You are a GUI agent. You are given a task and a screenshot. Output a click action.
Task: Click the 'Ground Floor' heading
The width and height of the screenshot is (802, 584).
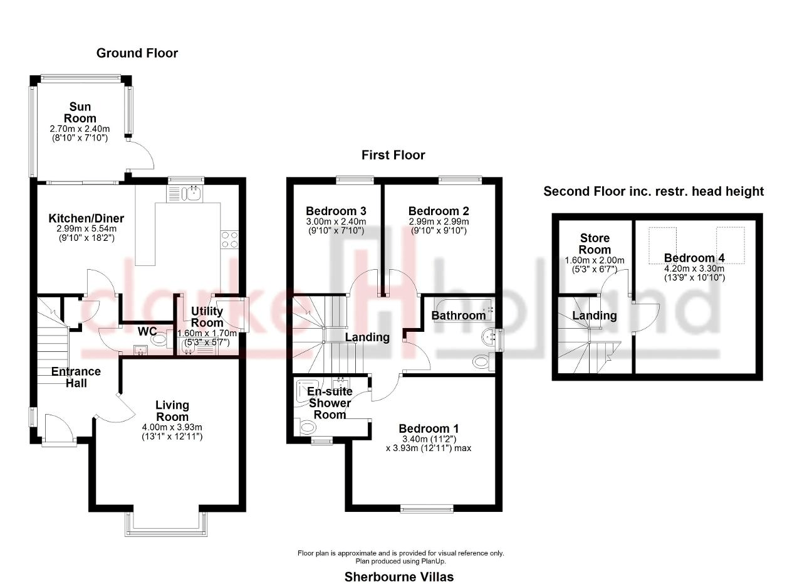pyautogui.click(x=137, y=53)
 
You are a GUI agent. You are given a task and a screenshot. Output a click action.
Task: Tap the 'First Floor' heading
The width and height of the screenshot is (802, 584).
pyautogui.click(x=393, y=155)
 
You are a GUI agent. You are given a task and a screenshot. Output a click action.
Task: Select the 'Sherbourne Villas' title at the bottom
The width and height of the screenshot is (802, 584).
pyautogui.click(x=399, y=576)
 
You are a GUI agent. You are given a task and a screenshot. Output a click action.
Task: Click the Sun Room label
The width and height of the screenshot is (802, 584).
pyautogui.click(x=81, y=113)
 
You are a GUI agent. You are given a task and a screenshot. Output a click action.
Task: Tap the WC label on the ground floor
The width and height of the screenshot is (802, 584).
pyautogui.click(x=147, y=330)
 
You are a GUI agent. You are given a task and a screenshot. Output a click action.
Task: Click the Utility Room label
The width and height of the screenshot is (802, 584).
pyautogui.click(x=207, y=317)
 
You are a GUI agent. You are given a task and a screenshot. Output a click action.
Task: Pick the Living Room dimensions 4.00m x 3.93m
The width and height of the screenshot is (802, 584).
pyautogui.click(x=172, y=428)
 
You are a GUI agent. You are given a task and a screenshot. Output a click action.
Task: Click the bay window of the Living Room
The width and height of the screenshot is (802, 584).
pyautogui.click(x=165, y=524)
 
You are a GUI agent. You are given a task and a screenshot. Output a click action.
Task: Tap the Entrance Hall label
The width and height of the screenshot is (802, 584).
pyautogui.click(x=76, y=377)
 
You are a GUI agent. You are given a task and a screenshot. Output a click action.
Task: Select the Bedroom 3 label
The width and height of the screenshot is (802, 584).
pyautogui.click(x=336, y=211)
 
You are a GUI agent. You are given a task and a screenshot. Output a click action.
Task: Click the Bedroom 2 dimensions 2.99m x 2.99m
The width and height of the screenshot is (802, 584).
pyautogui.click(x=438, y=222)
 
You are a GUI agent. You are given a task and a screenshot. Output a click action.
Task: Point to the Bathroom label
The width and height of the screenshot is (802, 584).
pyautogui.click(x=458, y=315)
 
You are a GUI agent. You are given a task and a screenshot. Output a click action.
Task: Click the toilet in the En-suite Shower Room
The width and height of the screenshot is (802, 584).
pyautogui.click(x=308, y=428)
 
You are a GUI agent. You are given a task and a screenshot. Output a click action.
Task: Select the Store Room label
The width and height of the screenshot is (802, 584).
pyautogui.click(x=595, y=243)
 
